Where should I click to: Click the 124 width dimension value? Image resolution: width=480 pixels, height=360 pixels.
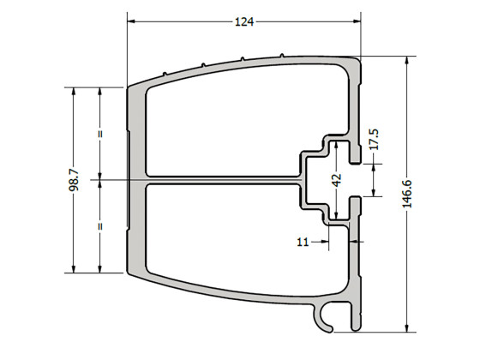coord(244,21)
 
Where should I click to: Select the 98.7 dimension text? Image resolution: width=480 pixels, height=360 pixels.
coord(73,181)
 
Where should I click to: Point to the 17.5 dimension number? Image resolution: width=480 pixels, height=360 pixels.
coord(374,139)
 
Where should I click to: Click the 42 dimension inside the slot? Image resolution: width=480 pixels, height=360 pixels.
coord(337,180)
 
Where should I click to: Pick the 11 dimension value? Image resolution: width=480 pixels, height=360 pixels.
coord(302,243)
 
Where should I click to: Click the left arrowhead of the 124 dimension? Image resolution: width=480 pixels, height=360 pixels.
coord(131,21)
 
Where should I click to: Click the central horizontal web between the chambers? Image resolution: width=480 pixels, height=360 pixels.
coord(223,181)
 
